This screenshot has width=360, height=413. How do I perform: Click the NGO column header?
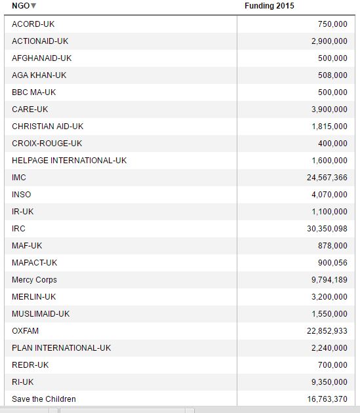pos(20,6)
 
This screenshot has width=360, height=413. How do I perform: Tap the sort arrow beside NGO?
pos(34,7)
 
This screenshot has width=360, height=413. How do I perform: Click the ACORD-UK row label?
pos(33,24)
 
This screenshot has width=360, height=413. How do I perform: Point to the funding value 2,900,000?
pos(329,41)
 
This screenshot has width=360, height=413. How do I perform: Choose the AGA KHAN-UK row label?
pos(39,75)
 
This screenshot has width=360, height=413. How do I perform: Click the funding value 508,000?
pos(332,75)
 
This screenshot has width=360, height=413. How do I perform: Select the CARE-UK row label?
pos(30,109)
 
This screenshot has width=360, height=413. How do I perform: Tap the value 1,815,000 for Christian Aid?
pos(329,127)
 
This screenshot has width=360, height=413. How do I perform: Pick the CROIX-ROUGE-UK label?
pos(47,144)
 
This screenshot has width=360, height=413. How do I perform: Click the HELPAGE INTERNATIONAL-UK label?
pos(69,161)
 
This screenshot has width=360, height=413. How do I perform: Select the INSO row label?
pos(21,195)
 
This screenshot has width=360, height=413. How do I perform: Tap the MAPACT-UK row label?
pos(34,263)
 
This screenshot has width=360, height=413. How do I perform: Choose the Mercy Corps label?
pos(34,280)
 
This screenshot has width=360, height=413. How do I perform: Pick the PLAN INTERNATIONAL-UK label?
pos(61,348)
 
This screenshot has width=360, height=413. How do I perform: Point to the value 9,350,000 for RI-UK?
pos(329,382)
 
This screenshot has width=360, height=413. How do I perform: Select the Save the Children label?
pos(43,399)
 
